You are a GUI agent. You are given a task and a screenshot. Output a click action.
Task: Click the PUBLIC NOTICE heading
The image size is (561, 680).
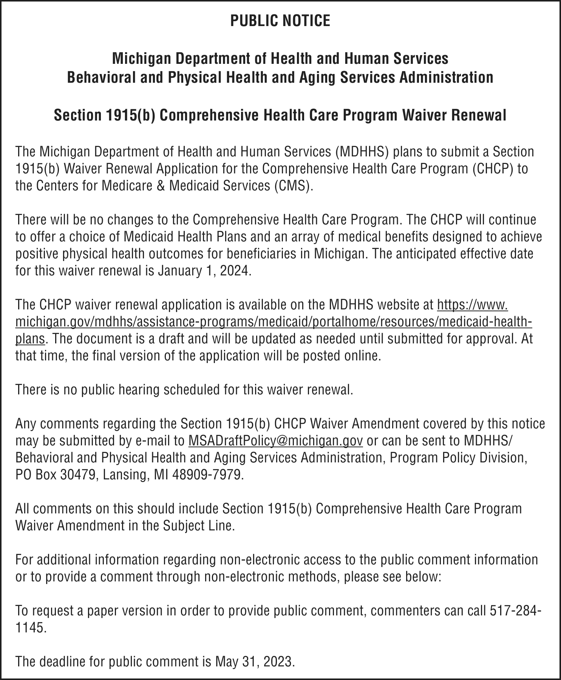(280, 21)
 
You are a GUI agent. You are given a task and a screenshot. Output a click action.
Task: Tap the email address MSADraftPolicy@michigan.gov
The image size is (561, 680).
(275, 440)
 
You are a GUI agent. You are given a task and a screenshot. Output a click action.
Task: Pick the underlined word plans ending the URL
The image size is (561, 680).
(30, 339)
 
